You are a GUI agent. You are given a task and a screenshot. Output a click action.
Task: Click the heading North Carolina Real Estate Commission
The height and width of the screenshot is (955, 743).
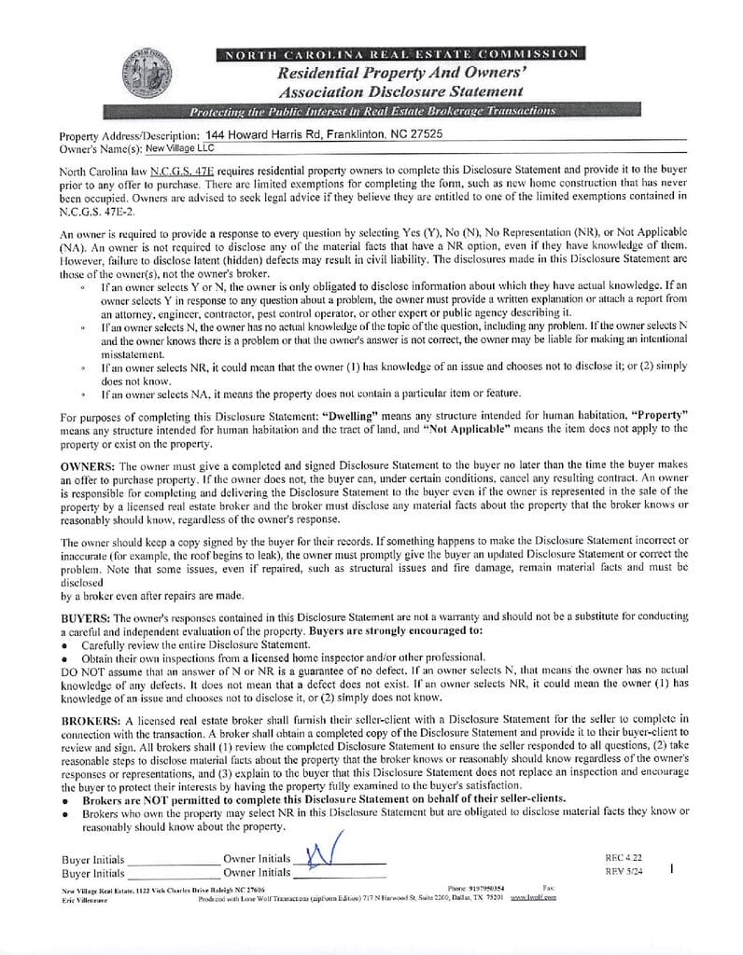[x=400, y=54]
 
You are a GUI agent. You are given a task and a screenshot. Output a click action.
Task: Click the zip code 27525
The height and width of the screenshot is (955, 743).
[x=423, y=134]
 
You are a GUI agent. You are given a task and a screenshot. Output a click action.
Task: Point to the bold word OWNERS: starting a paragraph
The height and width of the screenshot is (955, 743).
[x=88, y=464]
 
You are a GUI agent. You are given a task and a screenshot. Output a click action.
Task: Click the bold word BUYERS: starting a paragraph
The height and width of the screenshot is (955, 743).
[x=86, y=617]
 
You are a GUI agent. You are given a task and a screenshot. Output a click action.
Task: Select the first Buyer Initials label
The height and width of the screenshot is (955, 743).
[x=93, y=860]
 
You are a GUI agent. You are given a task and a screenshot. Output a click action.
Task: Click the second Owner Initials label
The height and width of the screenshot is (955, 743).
[x=257, y=873]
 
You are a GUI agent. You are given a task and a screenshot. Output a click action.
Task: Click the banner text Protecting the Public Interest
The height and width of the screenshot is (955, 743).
[x=371, y=111]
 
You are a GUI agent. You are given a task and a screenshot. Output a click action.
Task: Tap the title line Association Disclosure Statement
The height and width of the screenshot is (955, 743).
[x=400, y=91]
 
